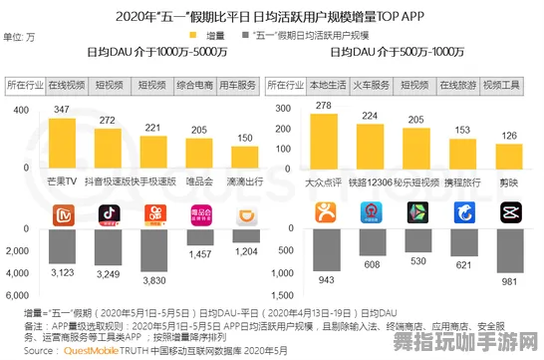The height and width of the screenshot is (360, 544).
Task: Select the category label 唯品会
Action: (x=199, y=181)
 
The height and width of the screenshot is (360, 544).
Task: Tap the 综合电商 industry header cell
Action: (x=199, y=86)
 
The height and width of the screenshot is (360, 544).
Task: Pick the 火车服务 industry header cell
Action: (x=372, y=86)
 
